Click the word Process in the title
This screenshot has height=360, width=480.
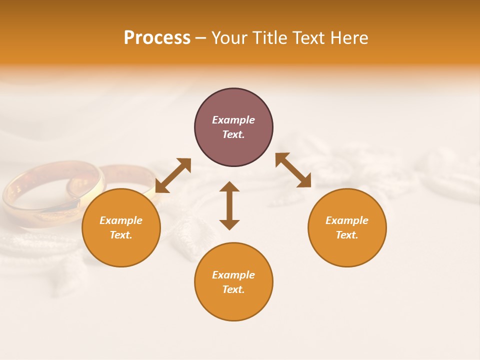[157, 38]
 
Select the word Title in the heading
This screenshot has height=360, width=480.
[271, 38]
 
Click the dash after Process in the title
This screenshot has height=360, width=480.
[200, 38]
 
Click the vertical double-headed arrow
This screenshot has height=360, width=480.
[229, 205]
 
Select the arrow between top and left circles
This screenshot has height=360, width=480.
[173, 175]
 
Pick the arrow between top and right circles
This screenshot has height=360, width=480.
[293, 170]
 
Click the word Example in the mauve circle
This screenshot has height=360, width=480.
[233, 120]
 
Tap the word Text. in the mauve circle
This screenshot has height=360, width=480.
[233, 134]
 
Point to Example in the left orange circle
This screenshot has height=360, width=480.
[121, 220]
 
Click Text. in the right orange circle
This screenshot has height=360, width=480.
[347, 235]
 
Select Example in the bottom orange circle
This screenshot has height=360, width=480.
[233, 275]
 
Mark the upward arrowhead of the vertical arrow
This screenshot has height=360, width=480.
[229, 186]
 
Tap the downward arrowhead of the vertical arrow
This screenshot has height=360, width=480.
[229, 224]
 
